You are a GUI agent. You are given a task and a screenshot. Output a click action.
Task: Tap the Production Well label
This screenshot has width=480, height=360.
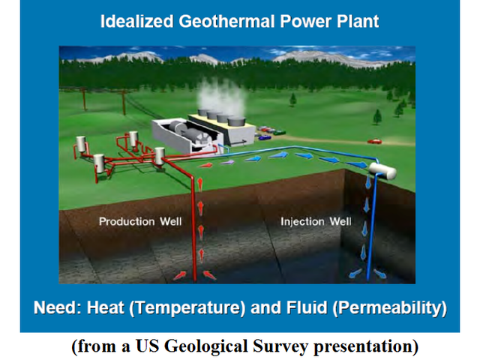[137, 221]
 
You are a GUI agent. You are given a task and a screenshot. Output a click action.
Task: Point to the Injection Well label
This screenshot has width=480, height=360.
[316, 221]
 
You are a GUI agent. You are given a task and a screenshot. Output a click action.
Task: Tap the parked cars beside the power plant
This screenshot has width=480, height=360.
[267, 135]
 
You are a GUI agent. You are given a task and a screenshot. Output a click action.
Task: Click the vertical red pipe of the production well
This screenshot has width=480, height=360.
[198, 225]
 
